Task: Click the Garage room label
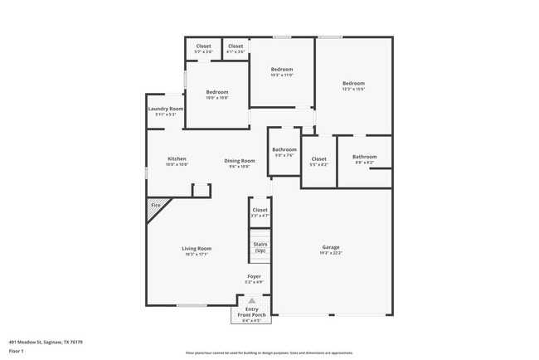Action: coord(331,247)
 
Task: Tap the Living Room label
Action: coord(197,248)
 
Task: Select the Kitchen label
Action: coord(177,158)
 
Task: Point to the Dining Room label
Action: coord(239,160)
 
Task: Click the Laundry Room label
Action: coord(166,109)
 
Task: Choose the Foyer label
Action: coord(254,276)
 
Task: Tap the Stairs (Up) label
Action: coord(260,246)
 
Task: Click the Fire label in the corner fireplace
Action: coord(155,205)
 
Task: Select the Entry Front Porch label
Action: coord(251,312)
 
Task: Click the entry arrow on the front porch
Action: coord(251,300)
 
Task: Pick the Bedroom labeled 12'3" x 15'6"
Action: coord(353,83)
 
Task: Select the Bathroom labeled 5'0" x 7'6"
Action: coord(284,149)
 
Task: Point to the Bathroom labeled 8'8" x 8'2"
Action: coord(364,157)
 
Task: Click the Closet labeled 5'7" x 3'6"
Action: coord(203,46)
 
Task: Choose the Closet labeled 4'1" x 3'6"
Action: coord(236,46)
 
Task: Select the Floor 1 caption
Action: coord(17,351)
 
